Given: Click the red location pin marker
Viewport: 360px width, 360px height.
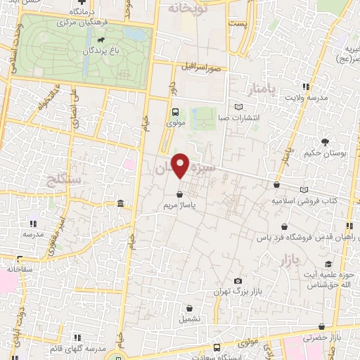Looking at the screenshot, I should [181, 165].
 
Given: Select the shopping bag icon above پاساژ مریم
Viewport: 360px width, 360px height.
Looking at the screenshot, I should [179, 193].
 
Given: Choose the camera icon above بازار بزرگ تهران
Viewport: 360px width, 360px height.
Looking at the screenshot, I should [238, 281].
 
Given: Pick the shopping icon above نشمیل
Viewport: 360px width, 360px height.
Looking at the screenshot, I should [191, 307].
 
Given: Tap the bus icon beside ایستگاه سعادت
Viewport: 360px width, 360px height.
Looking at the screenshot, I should [216, 347].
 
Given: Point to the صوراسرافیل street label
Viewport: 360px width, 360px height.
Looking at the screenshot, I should [200, 68].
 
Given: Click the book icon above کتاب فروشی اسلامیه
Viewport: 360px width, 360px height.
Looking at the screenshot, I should [304, 189].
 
